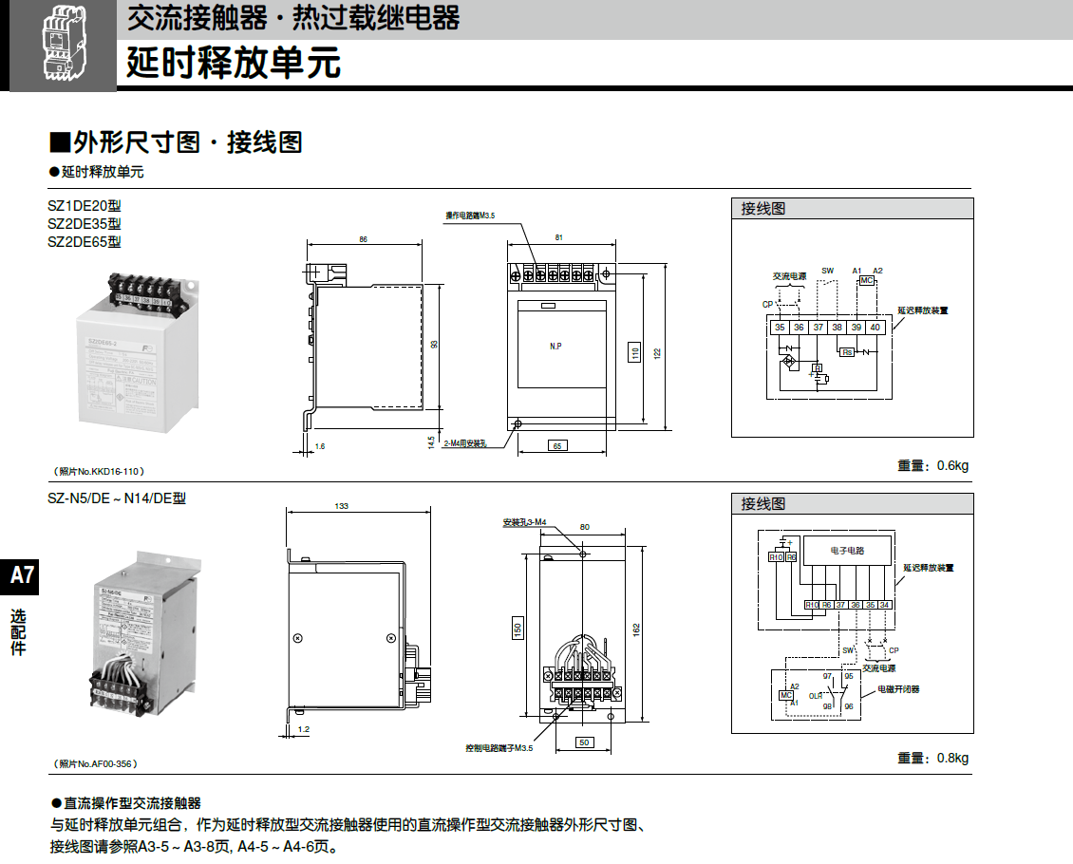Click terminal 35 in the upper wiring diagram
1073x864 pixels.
780,328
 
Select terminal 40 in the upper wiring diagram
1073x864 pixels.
875,328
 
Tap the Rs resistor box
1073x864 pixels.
848,352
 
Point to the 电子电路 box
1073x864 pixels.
847,550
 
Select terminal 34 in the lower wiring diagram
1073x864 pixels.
885,605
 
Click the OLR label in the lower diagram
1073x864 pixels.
815,696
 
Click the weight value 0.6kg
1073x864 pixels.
952,465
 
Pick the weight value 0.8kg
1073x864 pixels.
952,758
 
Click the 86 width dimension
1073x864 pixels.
363,239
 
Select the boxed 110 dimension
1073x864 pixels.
635,354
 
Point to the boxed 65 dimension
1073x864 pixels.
557,445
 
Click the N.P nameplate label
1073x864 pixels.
556,347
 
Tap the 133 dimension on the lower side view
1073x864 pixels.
342,506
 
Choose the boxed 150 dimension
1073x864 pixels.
518,629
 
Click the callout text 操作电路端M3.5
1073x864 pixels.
471,216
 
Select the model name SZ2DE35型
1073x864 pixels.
85,224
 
